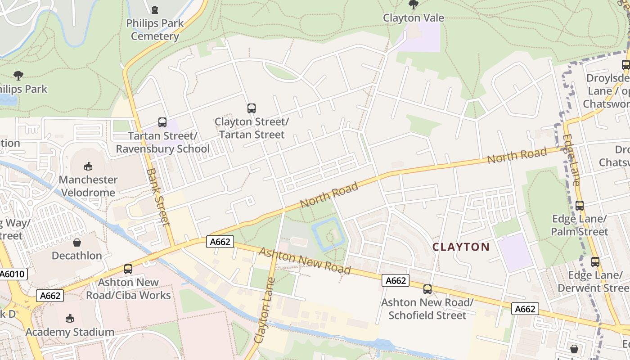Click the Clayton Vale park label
pyautogui.click(x=413, y=18)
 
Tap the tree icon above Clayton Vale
pyautogui.click(x=413, y=4)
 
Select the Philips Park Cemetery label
pyautogui.click(x=155, y=30)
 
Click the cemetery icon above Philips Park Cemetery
pyautogui.click(x=155, y=9)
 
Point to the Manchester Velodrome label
pyautogui.click(x=88, y=186)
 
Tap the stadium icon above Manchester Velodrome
pyautogui.click(x=88, y=166)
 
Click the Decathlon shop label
pyautogui.click(x=77, y=256)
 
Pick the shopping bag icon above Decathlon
pyautogui.click(x=77, y=243)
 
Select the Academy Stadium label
pyautogui.click(x=70, y=332)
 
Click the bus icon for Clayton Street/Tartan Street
pyautogui.click(x=252, y=108)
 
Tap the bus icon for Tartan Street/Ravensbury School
pyautogui.click(x=162, y=122)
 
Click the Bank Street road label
pyautogui.click(x=158, y=197)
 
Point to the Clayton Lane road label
pyautogui.click(x=265, y=310)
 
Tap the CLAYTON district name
pyautogui.click(x=461, y=247)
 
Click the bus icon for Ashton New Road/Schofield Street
pyautogui.click(x=427, y=289)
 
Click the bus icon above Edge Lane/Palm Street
pyautogui.click(x=580, y=206)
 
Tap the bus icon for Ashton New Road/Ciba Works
pyautogui.click(x=128, y=269)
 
